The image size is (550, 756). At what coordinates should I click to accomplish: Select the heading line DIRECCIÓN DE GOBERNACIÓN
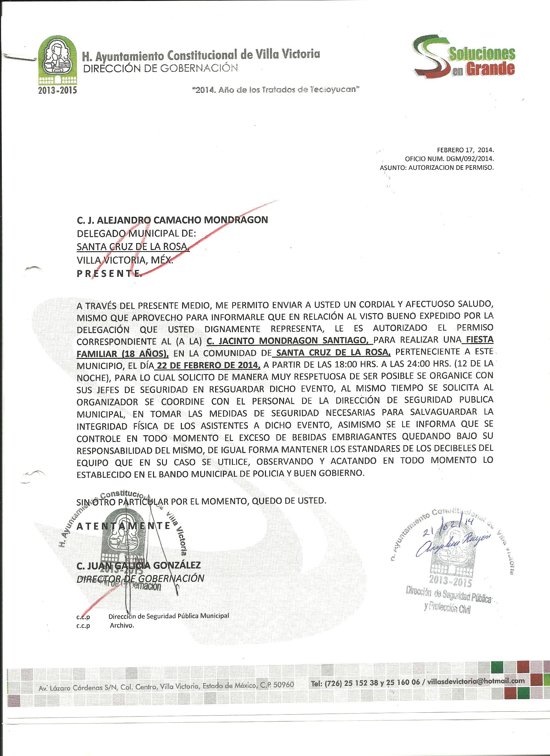pos(160,68)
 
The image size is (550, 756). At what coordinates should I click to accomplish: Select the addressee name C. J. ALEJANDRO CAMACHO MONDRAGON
pos(172,220)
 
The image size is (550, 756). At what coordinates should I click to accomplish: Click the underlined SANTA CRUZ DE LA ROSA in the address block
pos(133,247)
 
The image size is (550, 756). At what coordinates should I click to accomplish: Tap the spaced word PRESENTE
pos(109,274)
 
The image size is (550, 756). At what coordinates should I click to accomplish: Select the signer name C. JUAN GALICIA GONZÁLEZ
pos(139,565)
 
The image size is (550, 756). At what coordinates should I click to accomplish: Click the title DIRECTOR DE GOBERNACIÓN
pos(140,578)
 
